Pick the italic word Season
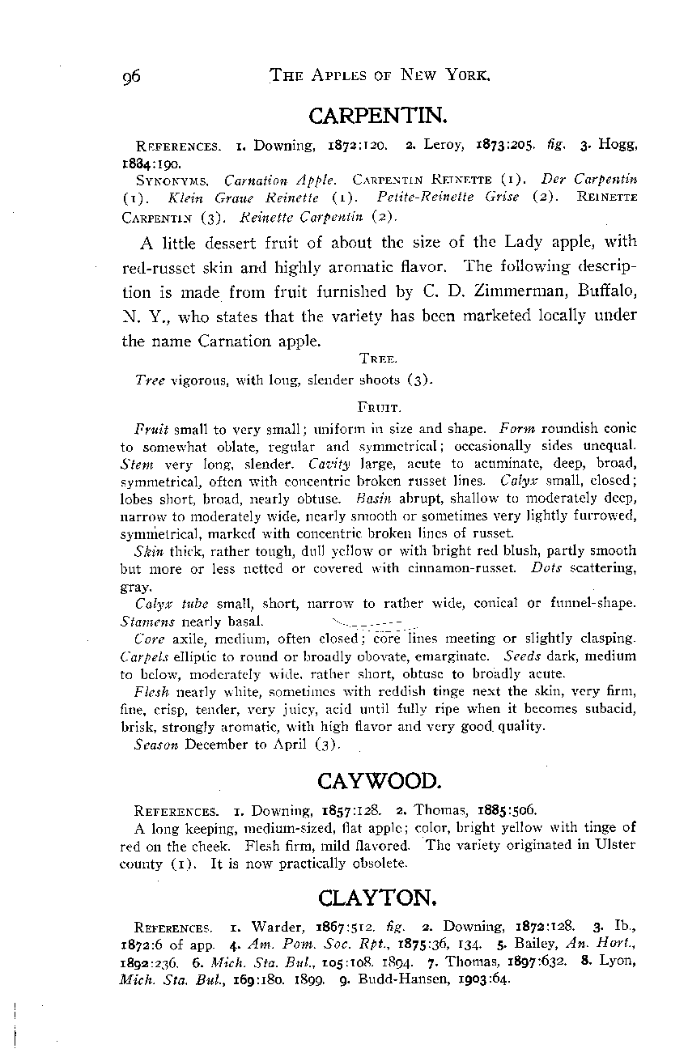point(156,745)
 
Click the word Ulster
point(616,845)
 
